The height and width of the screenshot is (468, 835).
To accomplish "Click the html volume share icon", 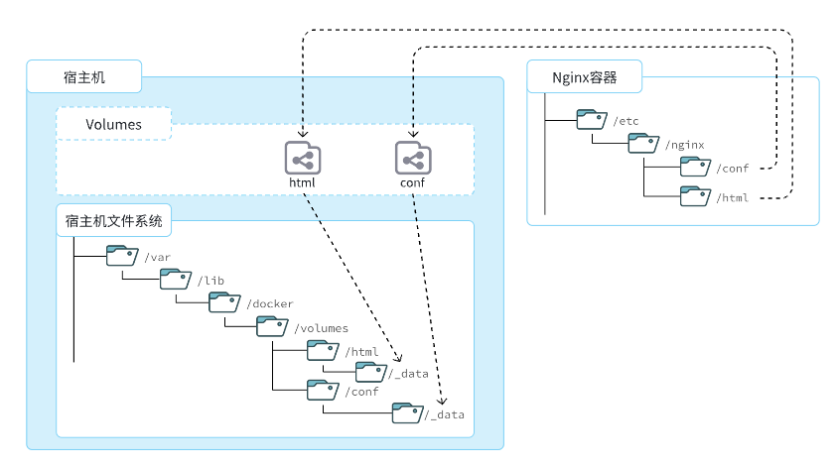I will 302,158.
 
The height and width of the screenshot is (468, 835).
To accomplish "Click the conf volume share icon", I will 411,158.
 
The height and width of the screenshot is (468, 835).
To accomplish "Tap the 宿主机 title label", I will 84,76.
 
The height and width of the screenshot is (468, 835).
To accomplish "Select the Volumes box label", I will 113,125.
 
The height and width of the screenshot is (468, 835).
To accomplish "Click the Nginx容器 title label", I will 585,76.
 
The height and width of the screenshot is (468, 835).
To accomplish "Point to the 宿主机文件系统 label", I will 114,220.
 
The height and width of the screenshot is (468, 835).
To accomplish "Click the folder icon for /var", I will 123,256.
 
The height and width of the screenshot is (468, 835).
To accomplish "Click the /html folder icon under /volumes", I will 322,350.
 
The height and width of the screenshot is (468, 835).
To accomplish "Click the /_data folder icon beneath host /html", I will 369,372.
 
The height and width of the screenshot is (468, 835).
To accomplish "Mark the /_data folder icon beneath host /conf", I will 406,412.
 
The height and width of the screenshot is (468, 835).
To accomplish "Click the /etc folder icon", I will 593,120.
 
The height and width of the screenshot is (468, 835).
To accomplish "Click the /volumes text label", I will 321,327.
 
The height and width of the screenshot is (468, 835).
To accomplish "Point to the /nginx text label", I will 686,145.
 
